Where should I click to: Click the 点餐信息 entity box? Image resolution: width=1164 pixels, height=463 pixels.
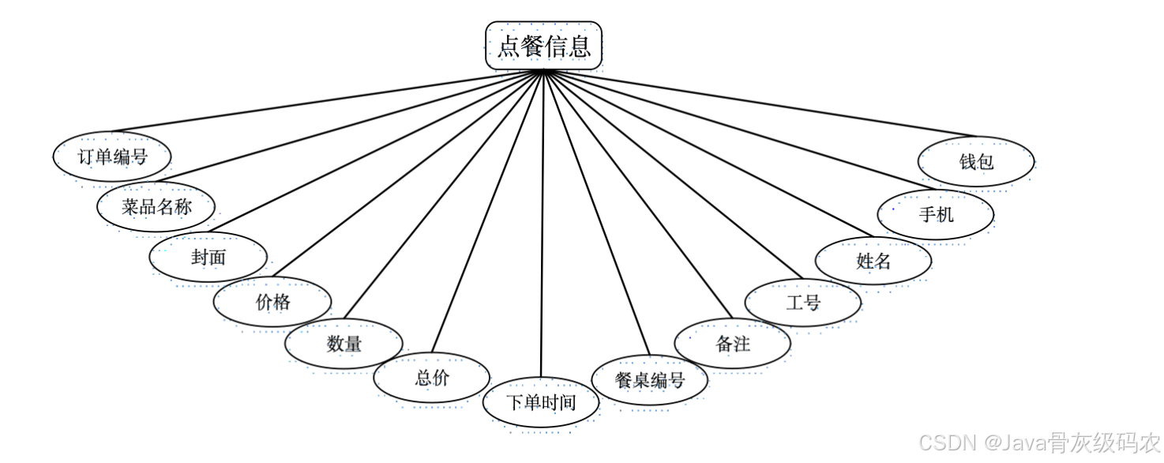(x=543, y=46)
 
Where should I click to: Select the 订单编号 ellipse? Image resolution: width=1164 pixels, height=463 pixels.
(x=112, y=156)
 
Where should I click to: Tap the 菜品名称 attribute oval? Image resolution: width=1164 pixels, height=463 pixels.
(x=156, y=207)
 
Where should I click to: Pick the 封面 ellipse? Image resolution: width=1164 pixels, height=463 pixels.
(x=208, y=257)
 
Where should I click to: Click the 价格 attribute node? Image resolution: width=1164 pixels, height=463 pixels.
(x=272, y=301)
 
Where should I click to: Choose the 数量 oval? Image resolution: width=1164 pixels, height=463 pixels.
(x=344, y=344)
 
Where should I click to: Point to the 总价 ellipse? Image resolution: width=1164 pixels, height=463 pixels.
(x=432, y=378)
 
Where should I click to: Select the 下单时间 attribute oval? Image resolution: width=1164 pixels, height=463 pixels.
(x=541, y=403)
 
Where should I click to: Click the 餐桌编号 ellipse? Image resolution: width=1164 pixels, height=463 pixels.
(x=650, y=380)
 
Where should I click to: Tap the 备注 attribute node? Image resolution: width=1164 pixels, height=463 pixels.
(x=733, y=344)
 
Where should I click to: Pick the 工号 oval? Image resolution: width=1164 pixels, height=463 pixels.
(x=803, y=301)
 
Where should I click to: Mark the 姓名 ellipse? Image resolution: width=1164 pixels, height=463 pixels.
(x=873, y=260)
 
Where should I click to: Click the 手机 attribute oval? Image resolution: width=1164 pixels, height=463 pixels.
(x=936, y=213)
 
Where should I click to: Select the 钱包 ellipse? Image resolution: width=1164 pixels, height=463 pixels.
(x=976, y=162)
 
